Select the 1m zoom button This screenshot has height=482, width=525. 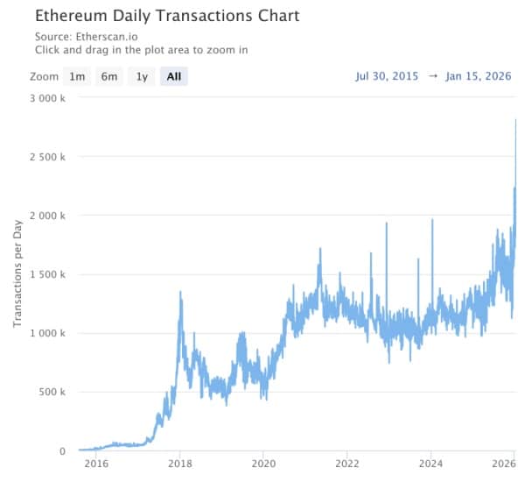(78, 76)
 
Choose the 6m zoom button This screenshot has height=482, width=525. (109, 76)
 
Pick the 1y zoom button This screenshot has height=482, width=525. (142, 76)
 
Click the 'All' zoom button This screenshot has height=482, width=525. (174, 76)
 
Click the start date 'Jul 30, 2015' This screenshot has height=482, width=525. (388, 76)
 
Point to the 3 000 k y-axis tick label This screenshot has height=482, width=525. (45, 97)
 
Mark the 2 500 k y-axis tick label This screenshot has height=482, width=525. (45, 157)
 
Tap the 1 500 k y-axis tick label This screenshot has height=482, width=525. (45, 274)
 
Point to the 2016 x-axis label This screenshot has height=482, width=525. (96, 464)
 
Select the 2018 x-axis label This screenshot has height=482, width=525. (180, 464)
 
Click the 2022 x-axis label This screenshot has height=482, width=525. (347, 464)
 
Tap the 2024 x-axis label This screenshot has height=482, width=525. (431, 464)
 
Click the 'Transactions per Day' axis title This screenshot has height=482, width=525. (17, 273)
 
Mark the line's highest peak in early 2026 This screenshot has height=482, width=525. (515, 120)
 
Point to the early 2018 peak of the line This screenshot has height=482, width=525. (180, 292)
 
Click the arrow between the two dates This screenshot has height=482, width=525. (433, 76)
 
